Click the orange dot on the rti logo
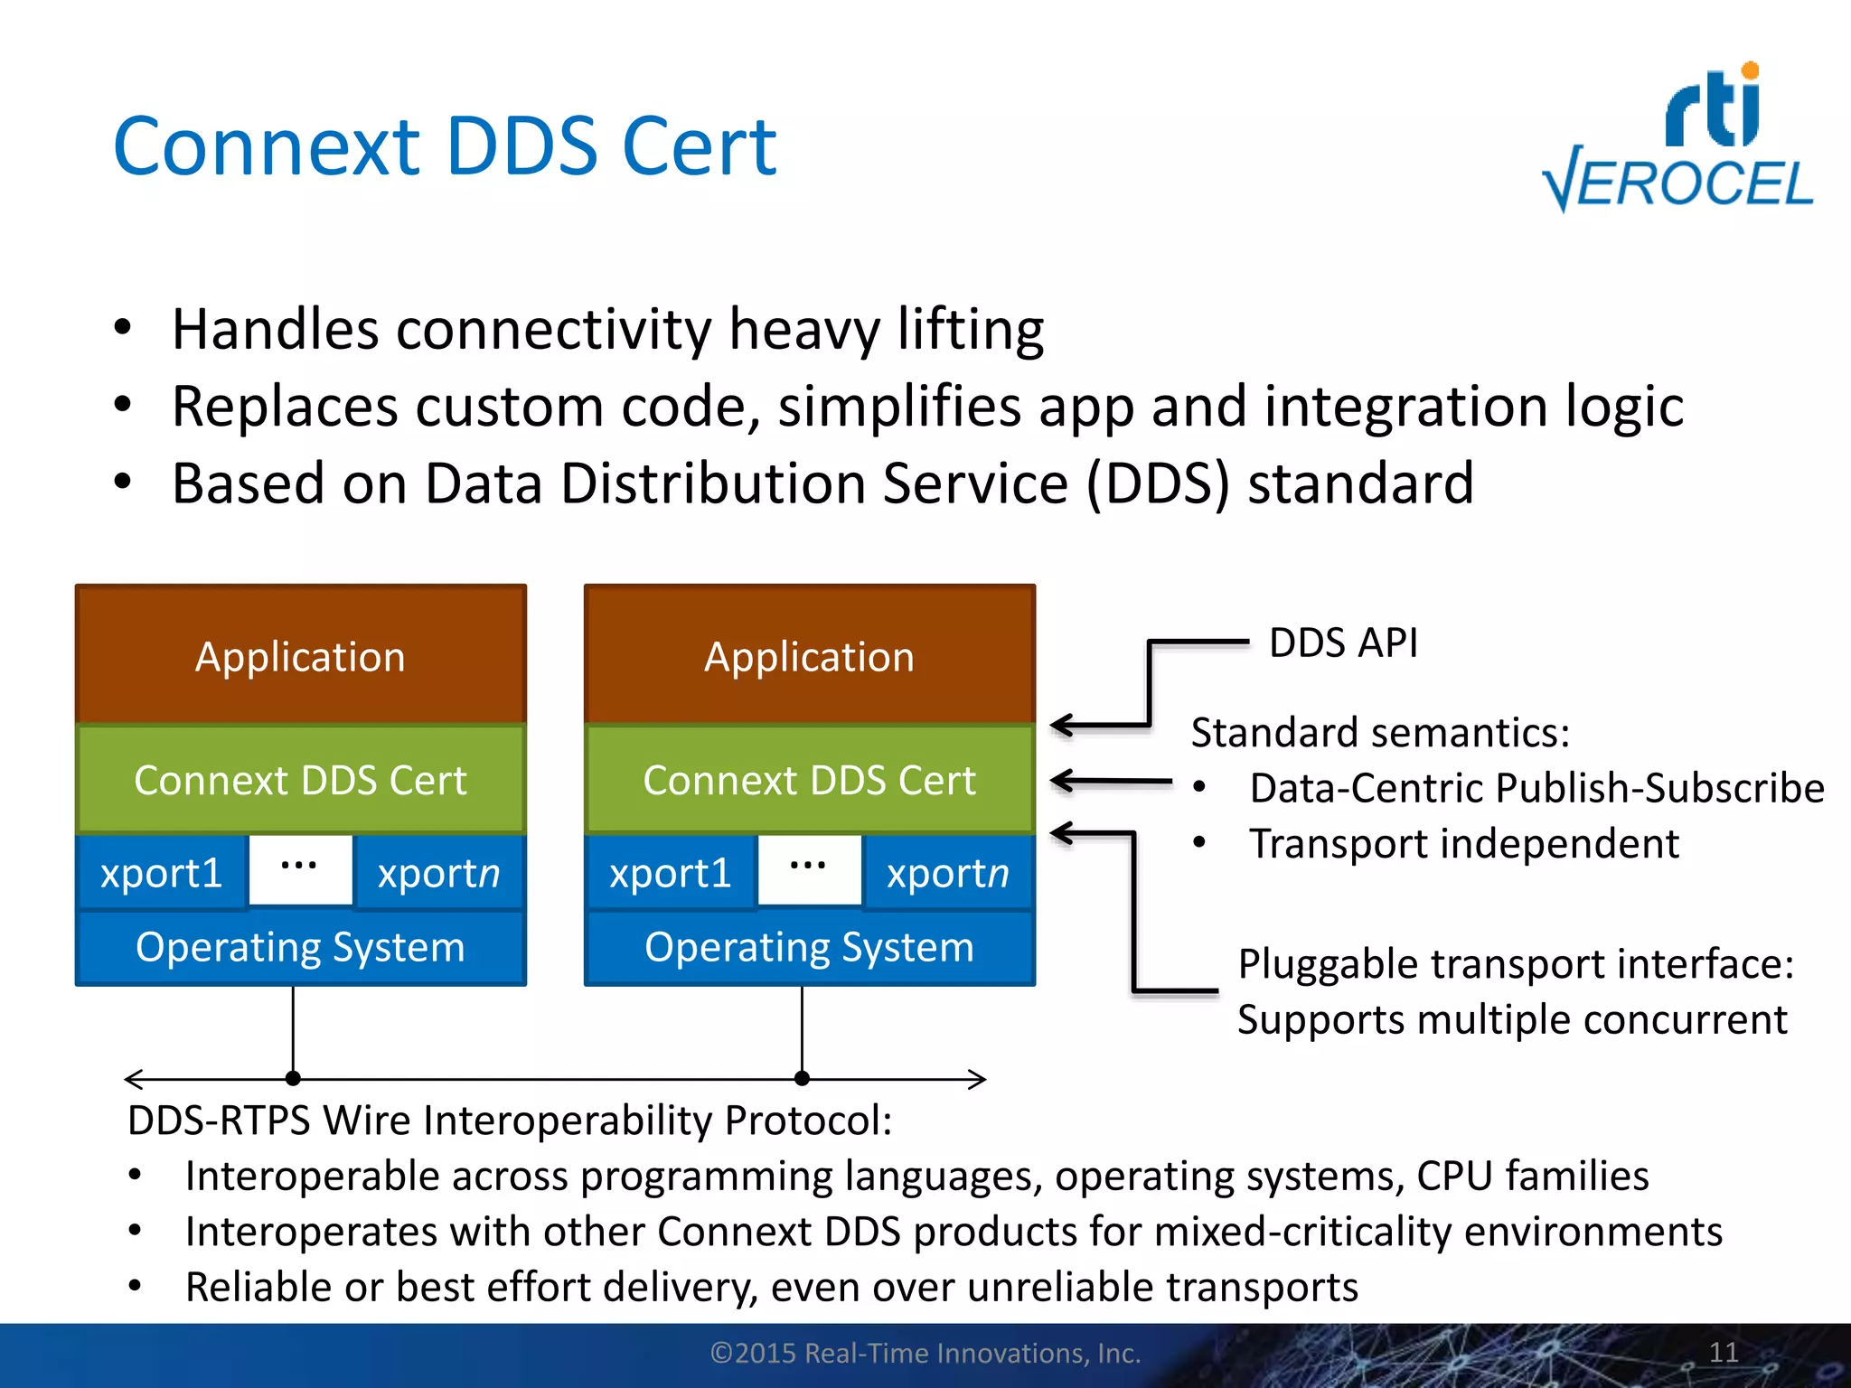tap(1750, 70)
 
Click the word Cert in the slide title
tap(699, 146)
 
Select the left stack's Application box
tap(301, 656)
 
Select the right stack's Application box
tap(810, 656)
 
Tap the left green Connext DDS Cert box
tap(301, 780)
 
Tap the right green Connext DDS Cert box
tap(810, 780)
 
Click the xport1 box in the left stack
tap(162, 873)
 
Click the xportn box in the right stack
tap(947, 873)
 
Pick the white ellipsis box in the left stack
tap(300, 869)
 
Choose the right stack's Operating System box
tap(810, 947)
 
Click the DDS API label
tap(1343, 643)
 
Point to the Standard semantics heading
tap(1380, 732)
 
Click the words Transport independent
tap(1464, 844)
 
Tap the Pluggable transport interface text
tap(1516, 964)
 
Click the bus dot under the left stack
tap(293, 1078)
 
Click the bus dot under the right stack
tap(802, 1078)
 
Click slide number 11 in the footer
tap(1724, 1353)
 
